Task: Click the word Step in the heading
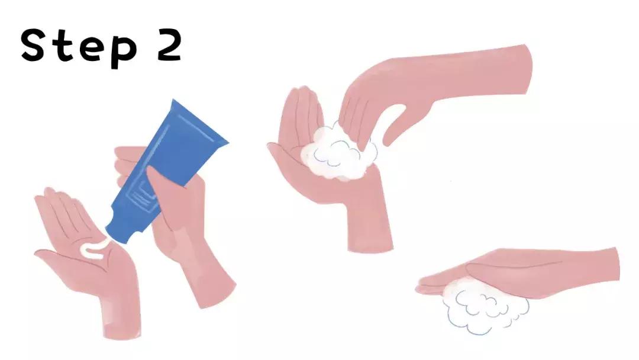click(x=79, y=47)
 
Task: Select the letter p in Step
click(x=124, y=52)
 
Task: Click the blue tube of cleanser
click(x=167, y=171)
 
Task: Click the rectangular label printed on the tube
click(x=143, y=197)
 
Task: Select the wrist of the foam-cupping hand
click(x=369, y=229)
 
